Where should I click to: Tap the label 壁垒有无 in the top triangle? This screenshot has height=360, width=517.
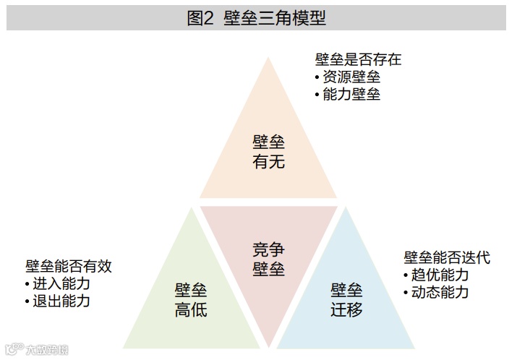pyautogui.click(x=268, y=151)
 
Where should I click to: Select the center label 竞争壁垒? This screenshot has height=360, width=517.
pyautogui.click(x=268, y=259)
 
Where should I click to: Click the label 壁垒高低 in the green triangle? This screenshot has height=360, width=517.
pyautogui.click(x=191, y=300)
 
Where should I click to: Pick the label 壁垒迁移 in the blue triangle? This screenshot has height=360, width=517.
pyautogui.click(x=346, y=300)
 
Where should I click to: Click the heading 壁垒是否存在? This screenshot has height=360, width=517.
pyautogui.click(x=358, y=59)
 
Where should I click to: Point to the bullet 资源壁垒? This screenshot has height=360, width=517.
pyautogui.click(x=351, y=77)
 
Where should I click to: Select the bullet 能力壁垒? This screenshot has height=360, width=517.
pyautogui.click(x=351, y=94)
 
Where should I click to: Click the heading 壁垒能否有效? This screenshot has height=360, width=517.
pyautogui.click(x=69, y=266)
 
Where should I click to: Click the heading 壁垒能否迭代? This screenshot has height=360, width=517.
pyautogui.click(x=447, y=257)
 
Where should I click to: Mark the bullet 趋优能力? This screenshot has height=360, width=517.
pyautogui.click(x=440, y=275)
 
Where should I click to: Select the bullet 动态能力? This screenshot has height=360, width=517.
pyautogui.click(x=440, y=292)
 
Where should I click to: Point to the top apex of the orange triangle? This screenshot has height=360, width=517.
pyautogui.click(x=268, y=57)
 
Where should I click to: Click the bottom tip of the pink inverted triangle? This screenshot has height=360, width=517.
pyautogui.click(x=268, y=346)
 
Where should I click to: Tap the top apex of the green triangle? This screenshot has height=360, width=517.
pyautogui.click(x=191, y=209)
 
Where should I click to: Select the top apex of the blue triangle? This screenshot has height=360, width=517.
pyautogui.click(x=346, y=209)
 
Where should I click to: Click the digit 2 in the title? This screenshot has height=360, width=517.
pyautogui.click(x=210, y=18)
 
